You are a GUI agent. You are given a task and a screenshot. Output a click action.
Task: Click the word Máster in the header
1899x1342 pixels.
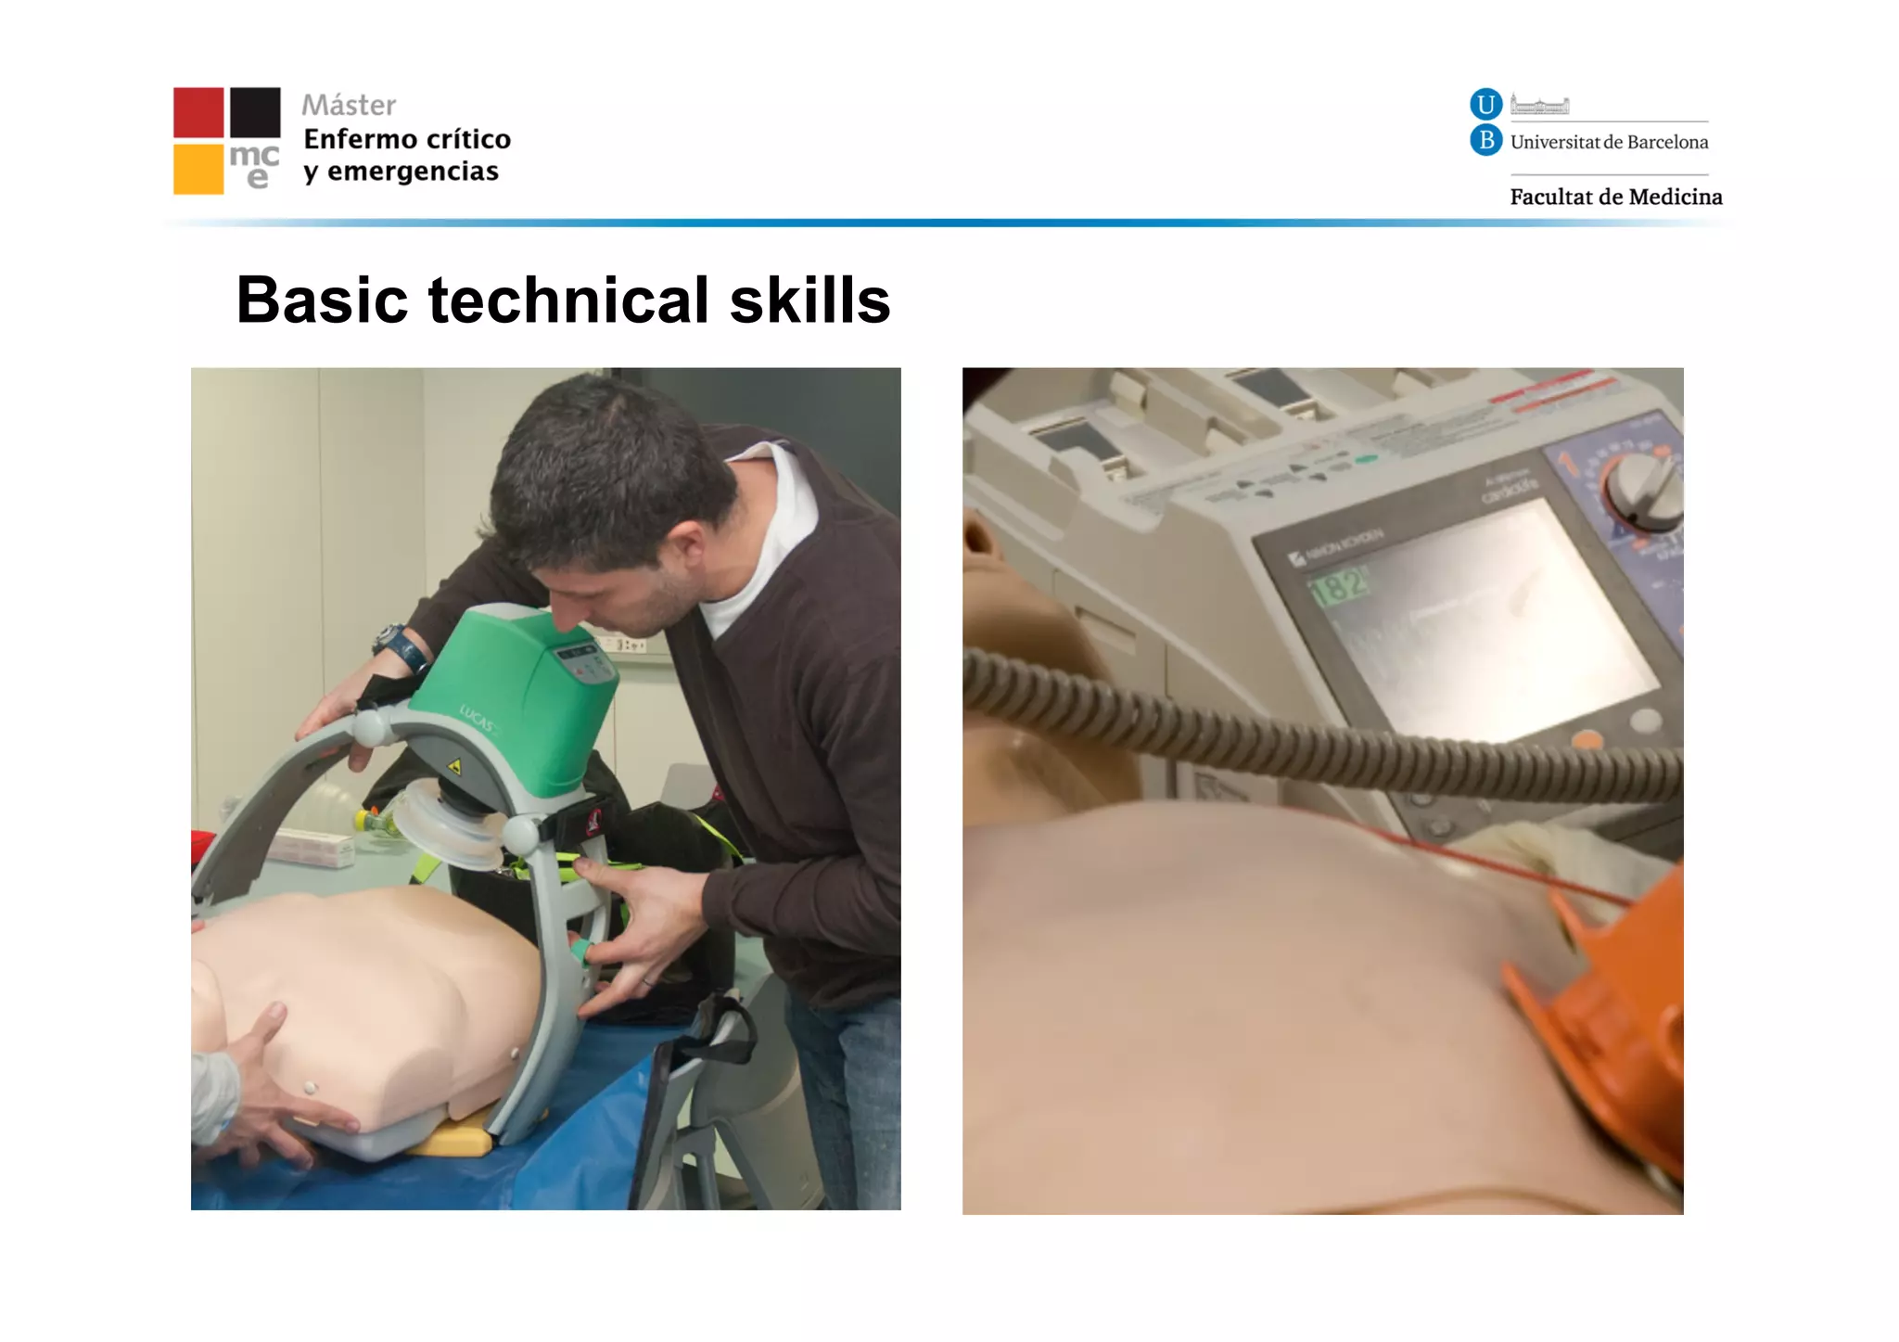pyautogui.click(x=349, y=105)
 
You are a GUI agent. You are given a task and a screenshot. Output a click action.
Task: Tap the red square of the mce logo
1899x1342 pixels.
pyautogui.click(x=198, y=112)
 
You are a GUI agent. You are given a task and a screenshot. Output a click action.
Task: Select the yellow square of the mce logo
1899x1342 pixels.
pyautogui.click(x=198, y=169)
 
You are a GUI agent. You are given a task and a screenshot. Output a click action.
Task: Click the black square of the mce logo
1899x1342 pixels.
pyautogui.click(x=255, y=112)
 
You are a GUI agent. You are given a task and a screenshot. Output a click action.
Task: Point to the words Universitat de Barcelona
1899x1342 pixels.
pyautogui.click(x=1609, y=142)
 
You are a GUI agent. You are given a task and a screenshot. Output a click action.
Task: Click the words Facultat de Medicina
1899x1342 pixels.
pyautogui.click(x=1615, y=197)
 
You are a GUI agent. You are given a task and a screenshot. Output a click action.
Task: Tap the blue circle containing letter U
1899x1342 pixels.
pyautogui.click(x=1485, y=104)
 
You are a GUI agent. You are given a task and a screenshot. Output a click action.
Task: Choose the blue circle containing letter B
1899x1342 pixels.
pyautogui.click(x=1485, y=140)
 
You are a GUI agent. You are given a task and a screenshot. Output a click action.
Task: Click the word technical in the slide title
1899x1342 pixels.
pyautogui.click(x=568, y=300)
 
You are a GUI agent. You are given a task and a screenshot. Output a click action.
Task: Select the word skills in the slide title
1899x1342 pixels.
pyautogui.click(x=809, y=300)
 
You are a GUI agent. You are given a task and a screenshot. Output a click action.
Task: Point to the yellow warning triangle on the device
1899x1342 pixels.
pyautogui.click(x=454, y=767)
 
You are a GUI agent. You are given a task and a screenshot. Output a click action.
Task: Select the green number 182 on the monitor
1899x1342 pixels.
pyautogui.click(x=1338, y=586)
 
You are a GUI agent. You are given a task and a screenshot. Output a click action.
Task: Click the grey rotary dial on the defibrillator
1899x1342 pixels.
pyautogui.click(x=1644, y=492)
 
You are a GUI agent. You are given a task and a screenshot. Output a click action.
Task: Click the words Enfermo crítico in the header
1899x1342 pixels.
pyautogui.click(x=407, y=139)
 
